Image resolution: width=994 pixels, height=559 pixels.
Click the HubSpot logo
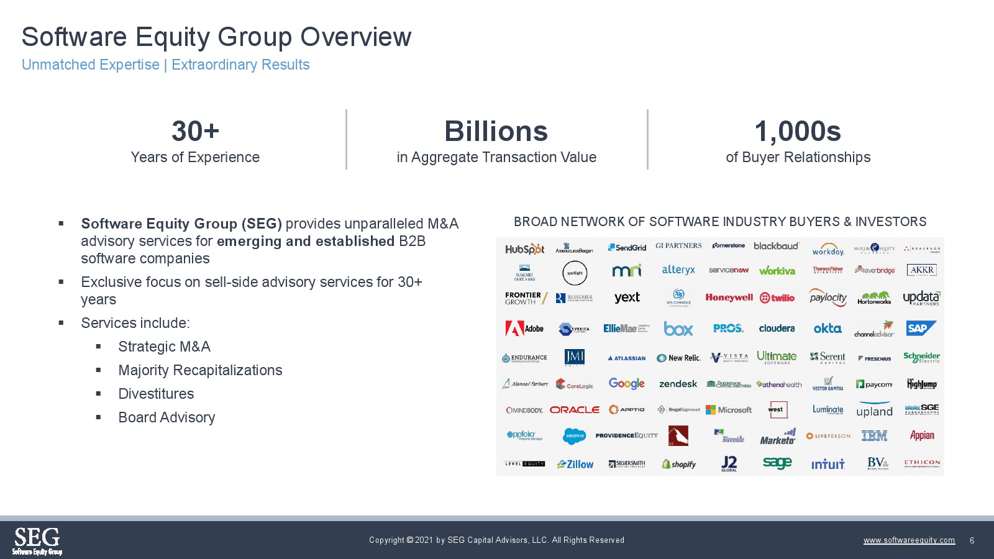pos(524,249)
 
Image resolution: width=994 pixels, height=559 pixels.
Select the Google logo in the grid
pos(626,384)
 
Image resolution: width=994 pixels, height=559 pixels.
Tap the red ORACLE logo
pos(575,410)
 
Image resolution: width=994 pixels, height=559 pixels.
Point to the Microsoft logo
pos(729,410)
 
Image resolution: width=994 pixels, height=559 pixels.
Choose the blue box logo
pos(678,329)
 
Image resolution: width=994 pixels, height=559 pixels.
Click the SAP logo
pos(920,328)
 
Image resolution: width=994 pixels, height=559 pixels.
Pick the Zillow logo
pos(575,464)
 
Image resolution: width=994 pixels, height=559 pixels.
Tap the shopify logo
pos(678,464)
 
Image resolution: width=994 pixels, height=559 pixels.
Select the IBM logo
pos(874,436)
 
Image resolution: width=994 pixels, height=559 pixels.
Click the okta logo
pos(828,329)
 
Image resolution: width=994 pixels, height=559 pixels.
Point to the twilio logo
pos(777,298)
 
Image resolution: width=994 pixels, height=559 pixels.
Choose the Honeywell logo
pos(729,298)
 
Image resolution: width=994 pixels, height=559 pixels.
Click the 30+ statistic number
pos(195,132)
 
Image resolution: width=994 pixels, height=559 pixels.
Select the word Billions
pos(496,132)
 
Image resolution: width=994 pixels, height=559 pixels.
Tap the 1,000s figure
pos(798,132)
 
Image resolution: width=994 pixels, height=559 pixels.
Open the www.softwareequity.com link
pos(909,540)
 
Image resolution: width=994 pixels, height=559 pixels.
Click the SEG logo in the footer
pos(37,540)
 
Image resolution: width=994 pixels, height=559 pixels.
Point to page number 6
pos(972,540)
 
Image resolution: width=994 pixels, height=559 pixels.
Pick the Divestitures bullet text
pos(156,394)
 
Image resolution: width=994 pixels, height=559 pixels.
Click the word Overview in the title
pos(356,37)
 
